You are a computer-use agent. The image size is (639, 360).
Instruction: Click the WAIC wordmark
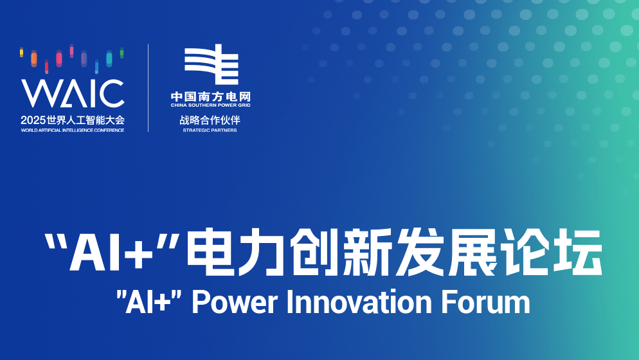tap(73, 93)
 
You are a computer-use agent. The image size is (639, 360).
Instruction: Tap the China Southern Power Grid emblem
tap(211, 64)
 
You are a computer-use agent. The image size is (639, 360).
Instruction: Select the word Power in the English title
tap(235, 302)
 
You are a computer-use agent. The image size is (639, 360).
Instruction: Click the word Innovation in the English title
tap(359, 302)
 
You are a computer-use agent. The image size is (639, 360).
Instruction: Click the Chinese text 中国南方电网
tap(211, 96)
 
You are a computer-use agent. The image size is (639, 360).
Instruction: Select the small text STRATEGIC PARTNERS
tap(210, 130)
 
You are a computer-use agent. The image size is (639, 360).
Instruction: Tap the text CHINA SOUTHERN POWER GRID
tap(211, 105)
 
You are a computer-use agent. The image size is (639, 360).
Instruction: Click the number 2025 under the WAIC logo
tap(33, 120)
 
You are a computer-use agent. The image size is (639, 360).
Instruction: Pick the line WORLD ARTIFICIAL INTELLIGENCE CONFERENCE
tap(73, 130)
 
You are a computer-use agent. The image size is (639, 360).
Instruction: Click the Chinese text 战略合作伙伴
tap(210, 120)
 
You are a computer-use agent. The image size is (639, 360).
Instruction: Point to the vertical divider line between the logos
tap(148, 87)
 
